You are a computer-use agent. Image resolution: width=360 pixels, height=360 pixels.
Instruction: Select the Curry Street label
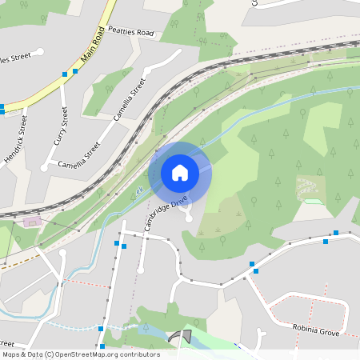(x=60, y=126)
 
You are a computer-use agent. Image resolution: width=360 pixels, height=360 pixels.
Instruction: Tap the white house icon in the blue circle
(x=180, y=173)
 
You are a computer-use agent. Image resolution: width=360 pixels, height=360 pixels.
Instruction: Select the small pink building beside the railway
(x=32, y=221)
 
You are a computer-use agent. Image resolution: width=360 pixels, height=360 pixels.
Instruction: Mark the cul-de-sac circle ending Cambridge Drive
(x=189, y=215)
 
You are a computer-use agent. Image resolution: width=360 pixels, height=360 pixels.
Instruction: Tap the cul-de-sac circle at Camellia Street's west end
(x=44, y=167)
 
